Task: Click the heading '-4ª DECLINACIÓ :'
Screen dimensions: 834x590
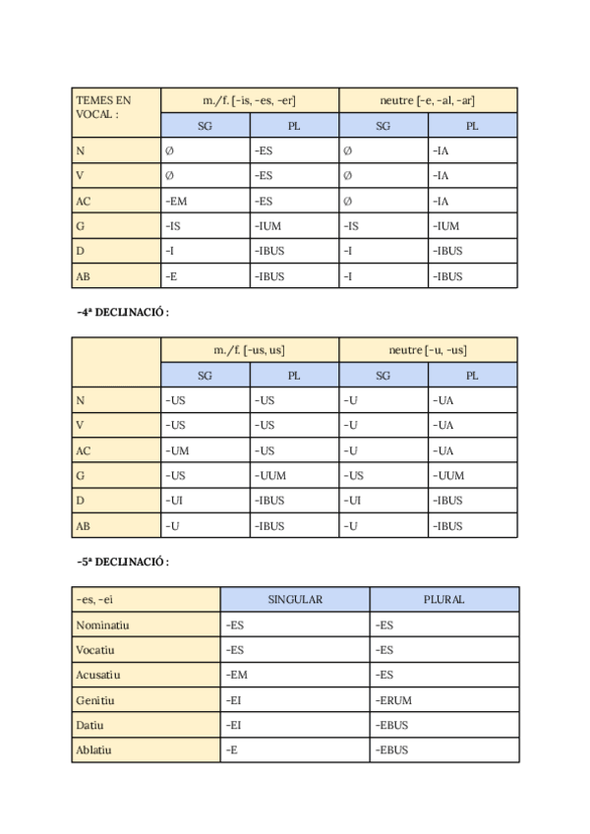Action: pyautogui.click(x=124, y=313)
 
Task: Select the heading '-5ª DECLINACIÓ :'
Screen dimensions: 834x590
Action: pyautogui.click(x=124, y=563)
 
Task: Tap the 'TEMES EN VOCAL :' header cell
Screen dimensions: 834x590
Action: pyautogui.click(x=117, y=113)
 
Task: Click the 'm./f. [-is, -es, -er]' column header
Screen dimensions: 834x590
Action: pyautogui.click(x=250, y=100)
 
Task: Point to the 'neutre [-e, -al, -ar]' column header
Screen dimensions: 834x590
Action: pyautogui.click(x=428, y=100)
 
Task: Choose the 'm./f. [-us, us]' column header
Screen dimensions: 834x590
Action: pyautogui.click(x=250, y=350)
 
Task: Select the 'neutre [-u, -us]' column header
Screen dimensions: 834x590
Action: pyautogui.click(x=428, y=350)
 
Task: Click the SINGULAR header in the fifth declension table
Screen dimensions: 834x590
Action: pyautogui.click(x=295, y=599)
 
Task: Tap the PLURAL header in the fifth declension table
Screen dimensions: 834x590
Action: pyautogui.click(x=444, y=599)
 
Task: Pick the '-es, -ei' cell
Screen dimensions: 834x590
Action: pyautogui.click(x=147, y=599)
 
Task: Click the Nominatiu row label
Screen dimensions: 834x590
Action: pyautogui.click(x=147, y=625)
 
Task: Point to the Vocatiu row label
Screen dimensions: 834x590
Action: pyautogui.click(x=147, y=650)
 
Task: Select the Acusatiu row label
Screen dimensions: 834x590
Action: pyautogui.click(x=147, y=675)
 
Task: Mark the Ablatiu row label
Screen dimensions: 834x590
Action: pyautogui.click(x=147, y=749)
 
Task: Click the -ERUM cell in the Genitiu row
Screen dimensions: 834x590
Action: pyautogui.click(x=444, y=700)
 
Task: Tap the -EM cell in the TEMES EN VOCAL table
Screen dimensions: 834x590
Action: pyautogui.click(x=206, y=202)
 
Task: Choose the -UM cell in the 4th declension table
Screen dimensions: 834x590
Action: pyautogui.click(x=206, y=451)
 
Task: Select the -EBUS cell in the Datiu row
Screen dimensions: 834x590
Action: pyautogui.click(x=444, y=725)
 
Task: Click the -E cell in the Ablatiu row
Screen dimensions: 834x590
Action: pyautogui.click(x=295, y=749)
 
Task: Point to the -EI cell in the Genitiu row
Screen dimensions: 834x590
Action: pyautogui.click(x=295, y=700)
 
